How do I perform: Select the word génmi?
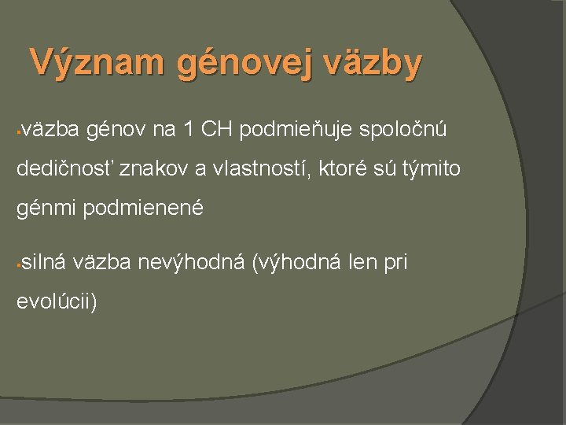pyautogui.click(x=45, y=208)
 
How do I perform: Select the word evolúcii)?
pyautogui.click(x=57, y=302)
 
